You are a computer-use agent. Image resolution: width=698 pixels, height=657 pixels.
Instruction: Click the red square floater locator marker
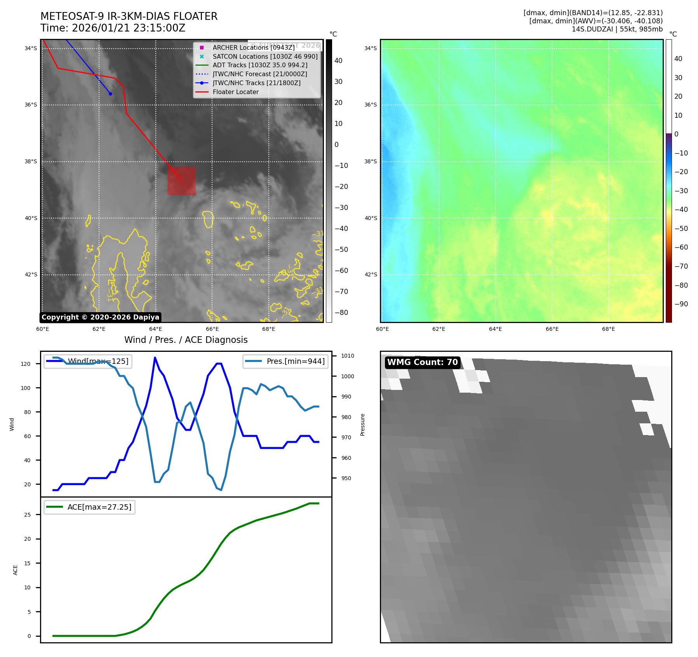tap(181, 181)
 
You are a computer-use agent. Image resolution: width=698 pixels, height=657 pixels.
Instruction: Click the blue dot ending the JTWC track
tap(110, 94)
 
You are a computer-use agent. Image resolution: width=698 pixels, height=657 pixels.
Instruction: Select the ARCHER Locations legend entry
tap(253, 47)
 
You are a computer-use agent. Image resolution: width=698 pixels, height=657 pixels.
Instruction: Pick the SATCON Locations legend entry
tap(265, 56)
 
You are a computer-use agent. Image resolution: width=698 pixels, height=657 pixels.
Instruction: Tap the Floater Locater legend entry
tap(235, 92)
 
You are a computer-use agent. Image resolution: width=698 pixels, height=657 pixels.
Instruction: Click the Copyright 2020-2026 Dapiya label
tap(100, 317)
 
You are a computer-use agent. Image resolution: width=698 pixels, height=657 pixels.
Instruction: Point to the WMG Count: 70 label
tap(422, 362)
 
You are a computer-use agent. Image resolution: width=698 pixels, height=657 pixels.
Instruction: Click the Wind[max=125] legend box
tap(88, 361)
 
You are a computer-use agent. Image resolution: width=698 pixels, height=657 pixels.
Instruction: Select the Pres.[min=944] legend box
tap(285, 361)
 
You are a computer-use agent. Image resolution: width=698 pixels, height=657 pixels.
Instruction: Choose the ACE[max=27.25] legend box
tap(90, 507)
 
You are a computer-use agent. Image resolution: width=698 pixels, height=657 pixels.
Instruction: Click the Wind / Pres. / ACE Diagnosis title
tap(186, 340)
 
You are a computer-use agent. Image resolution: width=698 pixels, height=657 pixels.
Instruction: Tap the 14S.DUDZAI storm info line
tap(617, 29)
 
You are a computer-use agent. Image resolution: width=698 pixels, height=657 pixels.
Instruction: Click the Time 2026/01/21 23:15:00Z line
tap(113, 28)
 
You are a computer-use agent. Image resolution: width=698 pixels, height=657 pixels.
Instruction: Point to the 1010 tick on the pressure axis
tap(347, 356)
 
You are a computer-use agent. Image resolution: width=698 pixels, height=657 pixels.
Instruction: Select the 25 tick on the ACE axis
tap(27, 515)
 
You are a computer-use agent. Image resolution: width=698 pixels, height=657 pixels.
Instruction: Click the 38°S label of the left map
tap(31, 161)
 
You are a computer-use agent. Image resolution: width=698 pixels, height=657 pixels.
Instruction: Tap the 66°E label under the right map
tap(552, 329)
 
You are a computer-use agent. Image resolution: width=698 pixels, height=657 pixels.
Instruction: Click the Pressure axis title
tap(362, 425)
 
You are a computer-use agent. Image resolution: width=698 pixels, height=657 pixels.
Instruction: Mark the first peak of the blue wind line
tap(155, 357)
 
